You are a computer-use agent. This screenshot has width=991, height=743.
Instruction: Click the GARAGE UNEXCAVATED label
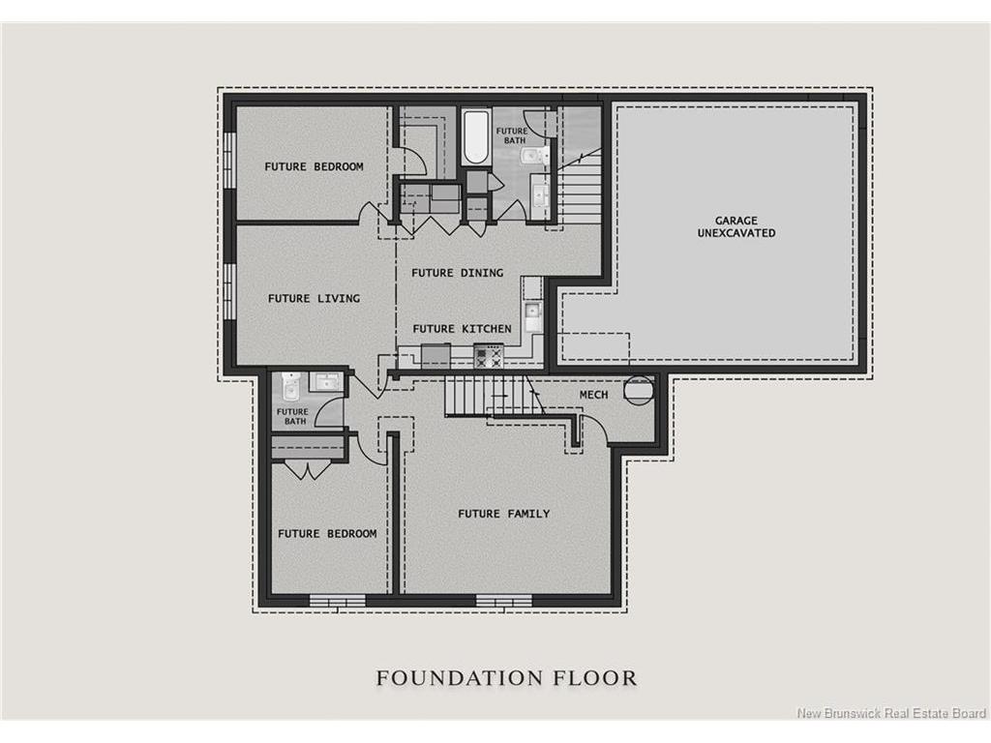click(737, 226)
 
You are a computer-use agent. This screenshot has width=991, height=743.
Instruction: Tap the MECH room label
click(593, 396)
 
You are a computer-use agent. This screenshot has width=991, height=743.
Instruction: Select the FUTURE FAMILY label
click(503, 514)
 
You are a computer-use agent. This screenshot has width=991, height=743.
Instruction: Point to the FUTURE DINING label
click(457, 273)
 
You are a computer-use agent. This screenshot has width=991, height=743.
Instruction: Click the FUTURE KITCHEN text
click(462, 329)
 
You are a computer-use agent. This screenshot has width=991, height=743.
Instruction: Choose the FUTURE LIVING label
click(314, 298)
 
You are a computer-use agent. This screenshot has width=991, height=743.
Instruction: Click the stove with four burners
click(489, 357)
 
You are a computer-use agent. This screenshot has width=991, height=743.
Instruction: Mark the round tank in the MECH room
click(639, 389)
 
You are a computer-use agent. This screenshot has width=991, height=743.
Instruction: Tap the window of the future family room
click(497, 601)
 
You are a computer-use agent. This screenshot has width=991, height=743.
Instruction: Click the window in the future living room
click(230, 290)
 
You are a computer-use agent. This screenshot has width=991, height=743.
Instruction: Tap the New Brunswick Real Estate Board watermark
click(889, 714)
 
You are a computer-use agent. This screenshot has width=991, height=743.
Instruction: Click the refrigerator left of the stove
click(435, 356)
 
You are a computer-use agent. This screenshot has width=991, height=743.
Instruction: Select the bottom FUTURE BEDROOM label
click(327, 533)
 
